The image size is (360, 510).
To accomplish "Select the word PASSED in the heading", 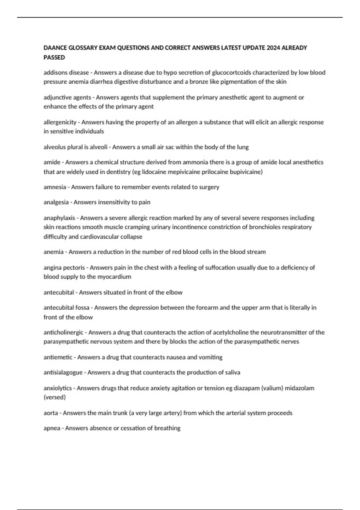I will coord(54,57).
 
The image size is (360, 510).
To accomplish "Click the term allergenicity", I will coord(60,122).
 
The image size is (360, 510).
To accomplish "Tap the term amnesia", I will coord(55,187).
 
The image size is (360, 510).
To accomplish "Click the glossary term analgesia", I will coord(56,202).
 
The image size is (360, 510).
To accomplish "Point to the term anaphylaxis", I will coord(59,218).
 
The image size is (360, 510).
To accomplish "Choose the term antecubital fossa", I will coord(66,307).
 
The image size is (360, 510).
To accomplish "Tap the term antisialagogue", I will coord(63,372).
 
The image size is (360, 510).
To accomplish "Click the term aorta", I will coord(51,413).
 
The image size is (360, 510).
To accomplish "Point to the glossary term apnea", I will coord(52,428).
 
